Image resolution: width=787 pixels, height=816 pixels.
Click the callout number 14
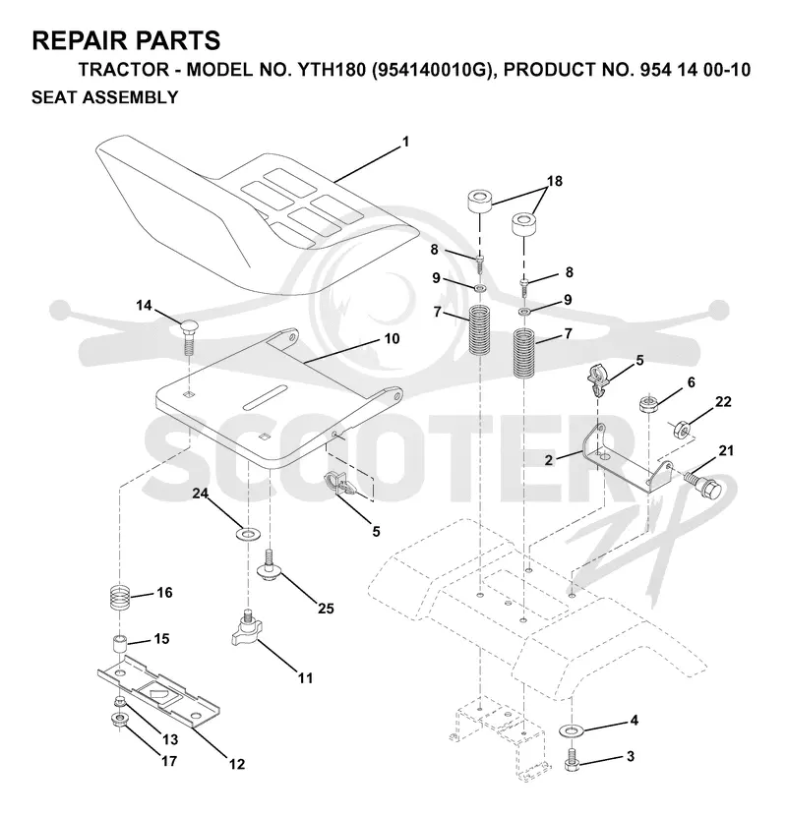[x=144, y=305]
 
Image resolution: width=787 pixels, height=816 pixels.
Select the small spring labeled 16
[x=121, y=597]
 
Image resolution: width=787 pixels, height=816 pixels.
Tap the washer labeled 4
[x=572, y=730]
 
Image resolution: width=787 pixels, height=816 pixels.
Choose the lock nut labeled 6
[x=648, y=404]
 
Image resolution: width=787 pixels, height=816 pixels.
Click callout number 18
[x=555, y=181]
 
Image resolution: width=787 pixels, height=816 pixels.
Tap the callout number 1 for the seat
[x=405, y=142]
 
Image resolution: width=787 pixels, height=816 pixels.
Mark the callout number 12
[x=237, y=764]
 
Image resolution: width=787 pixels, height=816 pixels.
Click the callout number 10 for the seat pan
[x=392, y=338]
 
